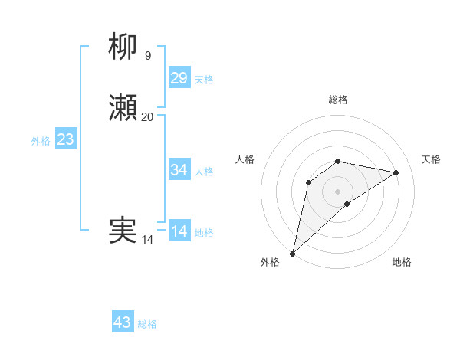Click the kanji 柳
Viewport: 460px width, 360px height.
(123, 47)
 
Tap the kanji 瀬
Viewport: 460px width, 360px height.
(123, 108)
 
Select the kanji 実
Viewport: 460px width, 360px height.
(123, 231)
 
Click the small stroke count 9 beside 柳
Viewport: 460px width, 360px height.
(148, 55)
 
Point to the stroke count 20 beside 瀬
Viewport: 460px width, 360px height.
(148, 116)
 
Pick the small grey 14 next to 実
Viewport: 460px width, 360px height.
(148, 240)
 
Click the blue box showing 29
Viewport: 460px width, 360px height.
(179, 78)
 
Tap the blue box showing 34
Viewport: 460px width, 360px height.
(179, 170)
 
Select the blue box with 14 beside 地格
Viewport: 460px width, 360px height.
(179, 231)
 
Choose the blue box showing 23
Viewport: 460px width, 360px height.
(66, 139)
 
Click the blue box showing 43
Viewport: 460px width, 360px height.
(123, 322)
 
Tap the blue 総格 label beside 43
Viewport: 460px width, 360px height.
(147, 324)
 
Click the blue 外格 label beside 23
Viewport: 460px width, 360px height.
(41, 141)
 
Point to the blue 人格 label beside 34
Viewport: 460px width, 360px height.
(204, 172)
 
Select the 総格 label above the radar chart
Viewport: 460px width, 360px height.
(338, 100)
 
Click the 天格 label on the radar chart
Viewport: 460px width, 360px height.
(432, 159)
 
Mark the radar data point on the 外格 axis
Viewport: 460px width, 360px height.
(292, 253)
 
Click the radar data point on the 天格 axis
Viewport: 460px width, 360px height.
(396, 172)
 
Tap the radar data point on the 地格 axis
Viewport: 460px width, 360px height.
(347, 204)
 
